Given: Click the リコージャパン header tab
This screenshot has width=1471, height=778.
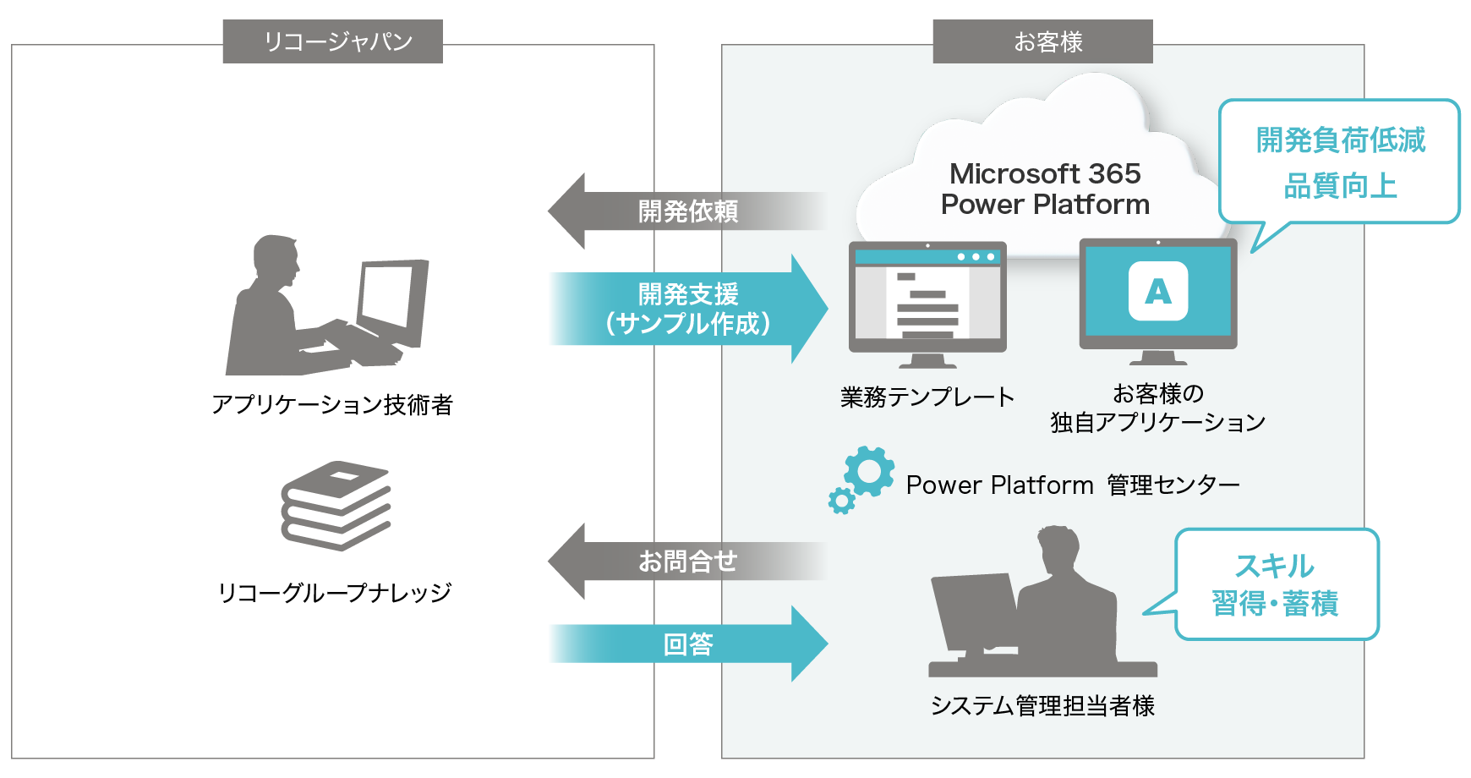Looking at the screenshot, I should [332, 41].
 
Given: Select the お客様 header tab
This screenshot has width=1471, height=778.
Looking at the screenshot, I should [1042, 41].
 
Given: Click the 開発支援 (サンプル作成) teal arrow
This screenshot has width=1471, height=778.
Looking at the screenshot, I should [686, 310].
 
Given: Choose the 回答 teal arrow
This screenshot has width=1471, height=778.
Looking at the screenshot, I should [686, 644].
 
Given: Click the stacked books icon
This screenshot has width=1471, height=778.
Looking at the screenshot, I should [336, 506].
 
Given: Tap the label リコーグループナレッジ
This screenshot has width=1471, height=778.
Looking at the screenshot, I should [335, 593].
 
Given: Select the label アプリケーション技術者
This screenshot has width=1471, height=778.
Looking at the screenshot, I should [332, 405].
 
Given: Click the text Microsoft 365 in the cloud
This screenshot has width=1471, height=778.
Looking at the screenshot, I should [1045, 174].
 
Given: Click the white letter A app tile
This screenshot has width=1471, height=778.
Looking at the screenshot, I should [1158, 291].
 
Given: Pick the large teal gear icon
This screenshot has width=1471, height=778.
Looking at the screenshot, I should [869, 471].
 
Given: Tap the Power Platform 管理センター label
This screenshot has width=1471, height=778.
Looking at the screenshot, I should [1072, 485].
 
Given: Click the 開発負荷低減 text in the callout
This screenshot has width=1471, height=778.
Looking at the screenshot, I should [1341, 140].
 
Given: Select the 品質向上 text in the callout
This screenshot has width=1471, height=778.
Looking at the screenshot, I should [1341, 186].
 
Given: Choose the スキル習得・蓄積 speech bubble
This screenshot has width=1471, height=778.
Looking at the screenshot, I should [1277, 584].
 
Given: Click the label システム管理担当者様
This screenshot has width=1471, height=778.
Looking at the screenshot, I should [1042, 705].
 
